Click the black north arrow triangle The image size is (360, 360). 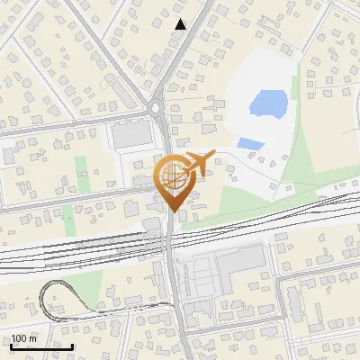(x=181, y=24)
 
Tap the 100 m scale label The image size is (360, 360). (x=24, y=338)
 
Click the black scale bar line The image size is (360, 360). (x=41, y=346)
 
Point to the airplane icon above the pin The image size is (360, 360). (x=198, y=162)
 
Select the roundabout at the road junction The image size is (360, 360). (x=157, y=110)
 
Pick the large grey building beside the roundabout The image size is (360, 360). (x=132, y=135)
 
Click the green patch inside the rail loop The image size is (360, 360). (x=83, y=286)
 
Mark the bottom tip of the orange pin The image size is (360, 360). (x=173, y=211)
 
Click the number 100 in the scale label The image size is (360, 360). (x=19, y=338)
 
